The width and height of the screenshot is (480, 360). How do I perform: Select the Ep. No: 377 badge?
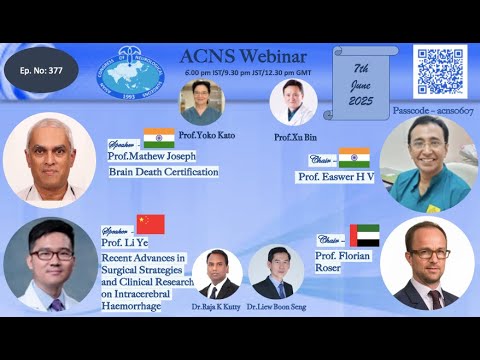[x=41, y=74]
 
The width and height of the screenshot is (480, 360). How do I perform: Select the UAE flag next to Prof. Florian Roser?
[x=364, y=236]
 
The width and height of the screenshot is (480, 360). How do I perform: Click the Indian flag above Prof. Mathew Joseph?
[x=158, y=138]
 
